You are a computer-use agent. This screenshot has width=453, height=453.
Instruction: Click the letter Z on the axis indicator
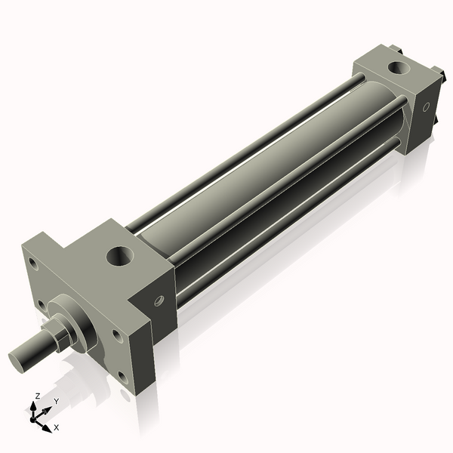coord(38,396)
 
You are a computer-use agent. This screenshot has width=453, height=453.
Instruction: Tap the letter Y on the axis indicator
coord(56,402)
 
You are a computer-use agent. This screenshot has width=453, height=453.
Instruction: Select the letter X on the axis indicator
coord(57,427)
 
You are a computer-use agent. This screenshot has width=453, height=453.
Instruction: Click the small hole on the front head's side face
coord(159,300)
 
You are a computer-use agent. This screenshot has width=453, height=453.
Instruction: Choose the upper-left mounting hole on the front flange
coord(32,263)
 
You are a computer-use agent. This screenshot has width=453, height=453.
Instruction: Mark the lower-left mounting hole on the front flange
coord(39,305)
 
